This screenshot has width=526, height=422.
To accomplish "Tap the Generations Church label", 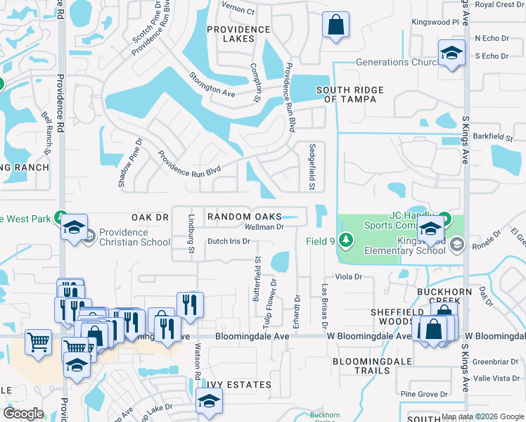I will pos(397,62).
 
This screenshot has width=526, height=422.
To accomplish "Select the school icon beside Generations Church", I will pos(451,53).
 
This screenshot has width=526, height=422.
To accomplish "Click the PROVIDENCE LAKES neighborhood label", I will pos(238,34).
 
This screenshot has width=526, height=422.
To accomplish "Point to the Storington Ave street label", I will pos(212,83).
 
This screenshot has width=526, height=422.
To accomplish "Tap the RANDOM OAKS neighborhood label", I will pos(244,217).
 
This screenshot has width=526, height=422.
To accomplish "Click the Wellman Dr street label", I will pos(264,227).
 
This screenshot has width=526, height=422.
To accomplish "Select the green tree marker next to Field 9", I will pos(345,241).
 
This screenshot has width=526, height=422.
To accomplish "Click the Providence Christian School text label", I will pos(134,237).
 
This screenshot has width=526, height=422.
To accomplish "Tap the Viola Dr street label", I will pos(347,277).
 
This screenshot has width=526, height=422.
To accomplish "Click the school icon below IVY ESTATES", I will pos(208,402).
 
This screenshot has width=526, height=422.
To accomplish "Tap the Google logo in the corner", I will pos(24,413).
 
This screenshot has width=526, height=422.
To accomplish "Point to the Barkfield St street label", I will pos(489,136).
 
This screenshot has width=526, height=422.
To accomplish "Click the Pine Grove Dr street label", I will pos(423,395).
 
